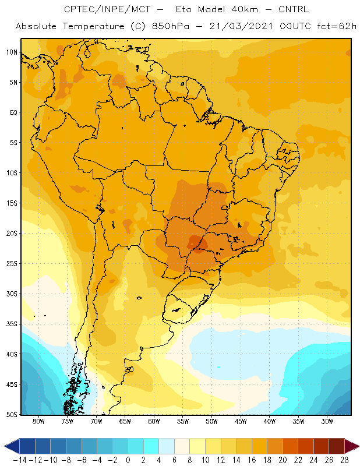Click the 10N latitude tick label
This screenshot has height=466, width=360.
pyautogui.click(x=12, y=52)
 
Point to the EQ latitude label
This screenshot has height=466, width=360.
pyautogui.click(x=13, y=112)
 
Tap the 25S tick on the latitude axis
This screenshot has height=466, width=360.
pyautogui.click(x=12, y=264)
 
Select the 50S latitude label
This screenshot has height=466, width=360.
pyautogui.click(x=12, y=415)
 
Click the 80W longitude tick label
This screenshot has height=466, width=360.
pyautogui.click(x=38, y=421)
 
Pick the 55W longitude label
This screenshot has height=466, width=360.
pyautogui.click(x=183, y=421)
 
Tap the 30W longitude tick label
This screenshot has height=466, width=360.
pyautogui.click(x=327, y=421)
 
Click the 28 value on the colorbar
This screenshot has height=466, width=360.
pyautogui.click(x=344, y=460)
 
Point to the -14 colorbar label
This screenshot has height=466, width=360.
pyautogui.click(x=20, y=460)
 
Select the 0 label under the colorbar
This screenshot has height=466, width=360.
pyautogui.click(x=128, y=460)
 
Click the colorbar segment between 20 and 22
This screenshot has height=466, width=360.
pyautogui.click(x=291, y=446)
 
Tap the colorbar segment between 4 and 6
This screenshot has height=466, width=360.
pyautogui.click(x=167, y=446)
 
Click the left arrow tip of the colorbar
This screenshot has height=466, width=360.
pyautogui.click(x=5, y=446)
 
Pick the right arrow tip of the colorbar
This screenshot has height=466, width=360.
pyautogui.click(x=359, y=446)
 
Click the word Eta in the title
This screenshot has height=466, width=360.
pyautogui.click(x=183, y=9)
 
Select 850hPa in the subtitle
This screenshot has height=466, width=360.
pyautogui.click(x=171, y=26)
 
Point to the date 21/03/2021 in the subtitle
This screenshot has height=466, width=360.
pyautogui.click(x=241, y=26)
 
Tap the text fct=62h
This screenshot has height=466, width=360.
pyautogui.click(x=337, y=26)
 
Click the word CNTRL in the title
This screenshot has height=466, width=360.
pyautogui.click(x=294, y=9)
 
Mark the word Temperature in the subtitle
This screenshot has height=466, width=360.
pyautogui.click(x=94, y=27)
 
